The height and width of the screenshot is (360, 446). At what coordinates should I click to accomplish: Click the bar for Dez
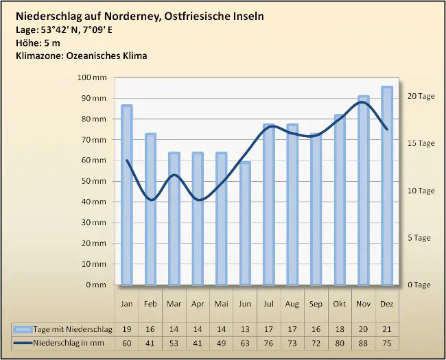click(387, 185)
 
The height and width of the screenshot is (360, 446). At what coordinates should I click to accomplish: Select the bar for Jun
click(245, 223)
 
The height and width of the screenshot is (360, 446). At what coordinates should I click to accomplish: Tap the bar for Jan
click(126, 195)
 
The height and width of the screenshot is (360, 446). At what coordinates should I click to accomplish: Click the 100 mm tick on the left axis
click(93, 77)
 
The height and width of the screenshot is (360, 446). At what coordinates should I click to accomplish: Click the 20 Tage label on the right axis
click(421, 96)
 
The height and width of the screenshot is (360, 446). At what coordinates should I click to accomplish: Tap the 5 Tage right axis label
click(420, 238)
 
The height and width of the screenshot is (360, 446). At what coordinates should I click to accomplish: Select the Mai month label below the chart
click(221, 303)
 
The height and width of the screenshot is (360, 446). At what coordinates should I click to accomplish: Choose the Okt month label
click(340, 303)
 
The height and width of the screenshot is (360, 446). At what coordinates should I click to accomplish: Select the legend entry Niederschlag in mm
click(72, 341)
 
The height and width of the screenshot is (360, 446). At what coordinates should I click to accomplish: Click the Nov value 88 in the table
click(363, 341)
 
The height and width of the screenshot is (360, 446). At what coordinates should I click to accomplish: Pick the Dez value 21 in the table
click(387, 329)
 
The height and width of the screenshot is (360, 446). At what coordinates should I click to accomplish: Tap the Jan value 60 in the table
click(126, 341)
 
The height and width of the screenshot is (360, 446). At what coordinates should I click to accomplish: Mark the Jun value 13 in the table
click(245, 329)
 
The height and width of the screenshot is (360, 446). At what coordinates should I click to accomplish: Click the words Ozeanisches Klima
click(108, 56)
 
